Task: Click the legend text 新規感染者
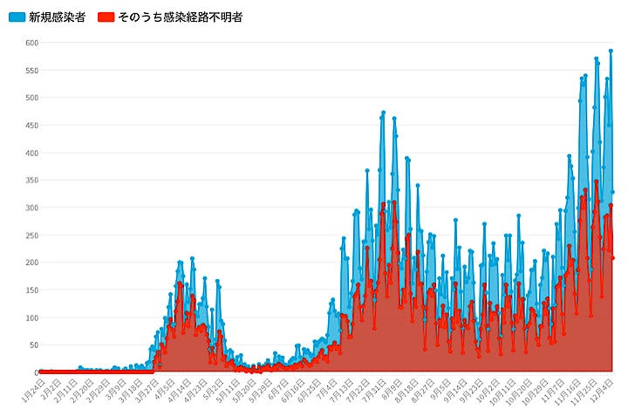coord(57,17)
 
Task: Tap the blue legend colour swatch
coord(17,17)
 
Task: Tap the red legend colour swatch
coord(106,17)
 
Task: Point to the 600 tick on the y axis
coord(31,43)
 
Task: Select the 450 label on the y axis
coord(31,126)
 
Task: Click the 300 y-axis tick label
coord(31,208)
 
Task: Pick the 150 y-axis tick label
coord(31,290)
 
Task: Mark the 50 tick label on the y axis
coord(33,345)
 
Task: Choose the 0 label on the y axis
coord(36,372)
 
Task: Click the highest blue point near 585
coord(611,51)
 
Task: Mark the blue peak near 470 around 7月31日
coord(383,112)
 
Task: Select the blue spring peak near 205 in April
coord(192,258)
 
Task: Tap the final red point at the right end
coord(613,258)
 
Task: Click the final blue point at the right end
coord(613,192)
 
